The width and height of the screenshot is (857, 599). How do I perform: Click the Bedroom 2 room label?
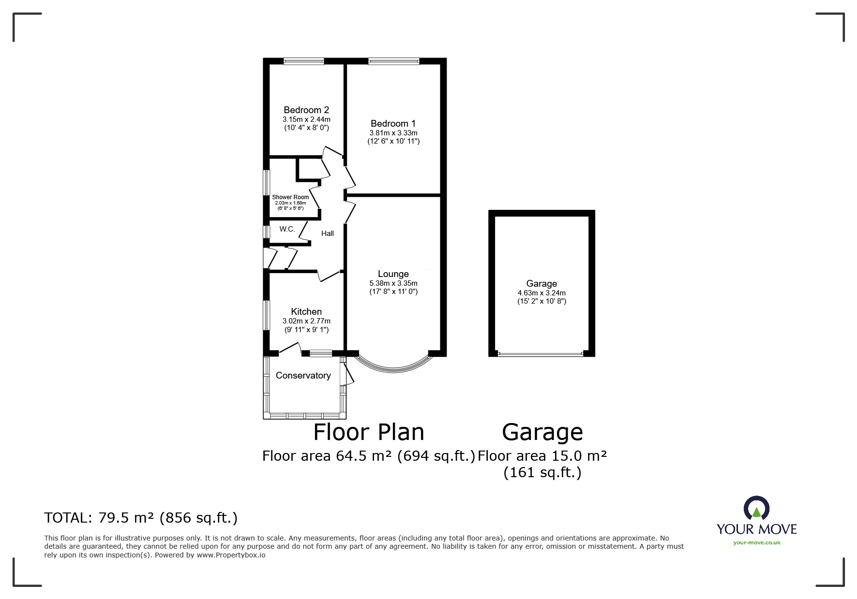[306, 110]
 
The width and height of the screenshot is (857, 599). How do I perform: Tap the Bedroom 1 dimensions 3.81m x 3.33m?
[393, 133]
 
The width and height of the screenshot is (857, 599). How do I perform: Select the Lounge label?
[393, 274]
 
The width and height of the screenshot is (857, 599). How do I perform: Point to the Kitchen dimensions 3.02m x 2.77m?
[306, 321]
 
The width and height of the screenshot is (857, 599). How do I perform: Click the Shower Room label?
[290, 197]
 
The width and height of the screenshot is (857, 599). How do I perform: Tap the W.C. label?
[287, 229]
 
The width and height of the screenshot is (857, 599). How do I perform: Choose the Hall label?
[328, 234]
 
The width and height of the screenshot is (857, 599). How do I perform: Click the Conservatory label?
[303, 376]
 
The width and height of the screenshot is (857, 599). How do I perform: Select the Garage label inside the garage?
[541, 284]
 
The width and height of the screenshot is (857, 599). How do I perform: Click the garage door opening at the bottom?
[541, 354]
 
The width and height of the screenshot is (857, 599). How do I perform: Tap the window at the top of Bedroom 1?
[393, 61]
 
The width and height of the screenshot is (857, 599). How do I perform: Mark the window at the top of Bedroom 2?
[303, 61]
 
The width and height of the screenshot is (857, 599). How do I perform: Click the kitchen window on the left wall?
[266, 315]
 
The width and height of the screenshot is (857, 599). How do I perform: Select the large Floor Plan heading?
[369, 432]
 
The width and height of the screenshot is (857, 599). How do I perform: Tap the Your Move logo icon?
[756, 509]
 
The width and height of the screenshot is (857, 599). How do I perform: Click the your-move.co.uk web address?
[756, 542]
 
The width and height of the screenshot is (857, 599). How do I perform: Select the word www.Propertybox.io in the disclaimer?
[231, 555]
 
